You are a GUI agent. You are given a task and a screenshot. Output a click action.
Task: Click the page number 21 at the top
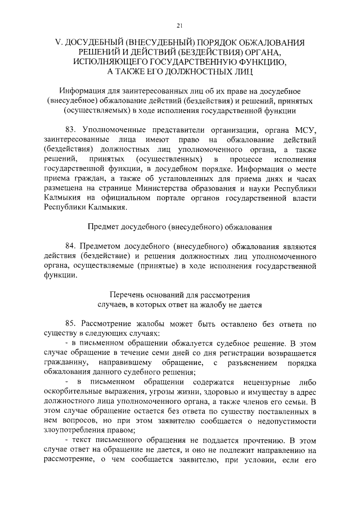(x=179, y=25)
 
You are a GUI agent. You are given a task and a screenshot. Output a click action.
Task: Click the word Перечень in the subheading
(x=125, y=295)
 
